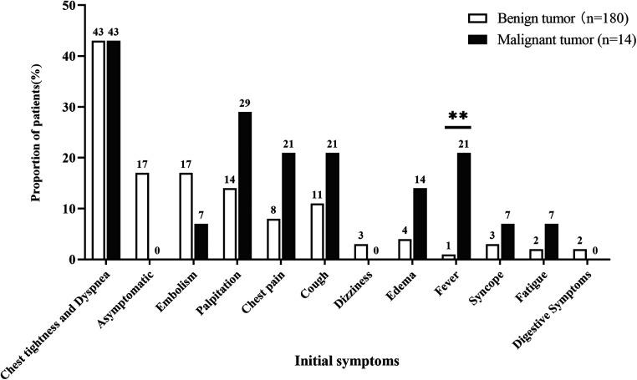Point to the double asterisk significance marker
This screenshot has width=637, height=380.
(x=457, y=116)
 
